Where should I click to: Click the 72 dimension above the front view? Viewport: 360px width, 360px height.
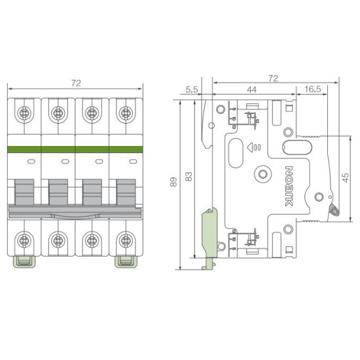(76, 83)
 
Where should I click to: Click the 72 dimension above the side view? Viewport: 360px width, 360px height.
(273, 79)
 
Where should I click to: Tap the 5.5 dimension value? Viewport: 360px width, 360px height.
(192, 90)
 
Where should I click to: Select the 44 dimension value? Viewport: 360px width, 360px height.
(251, 90)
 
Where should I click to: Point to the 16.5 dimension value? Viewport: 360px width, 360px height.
(313, 89)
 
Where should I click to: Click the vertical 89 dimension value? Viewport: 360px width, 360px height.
(174, 182)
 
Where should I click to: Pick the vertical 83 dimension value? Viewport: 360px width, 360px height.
(189, 176)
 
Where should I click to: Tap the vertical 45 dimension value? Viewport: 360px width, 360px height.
(346, 177)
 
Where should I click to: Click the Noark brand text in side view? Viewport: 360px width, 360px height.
(289, 186)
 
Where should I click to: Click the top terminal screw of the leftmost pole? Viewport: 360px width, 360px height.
(24, 113)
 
